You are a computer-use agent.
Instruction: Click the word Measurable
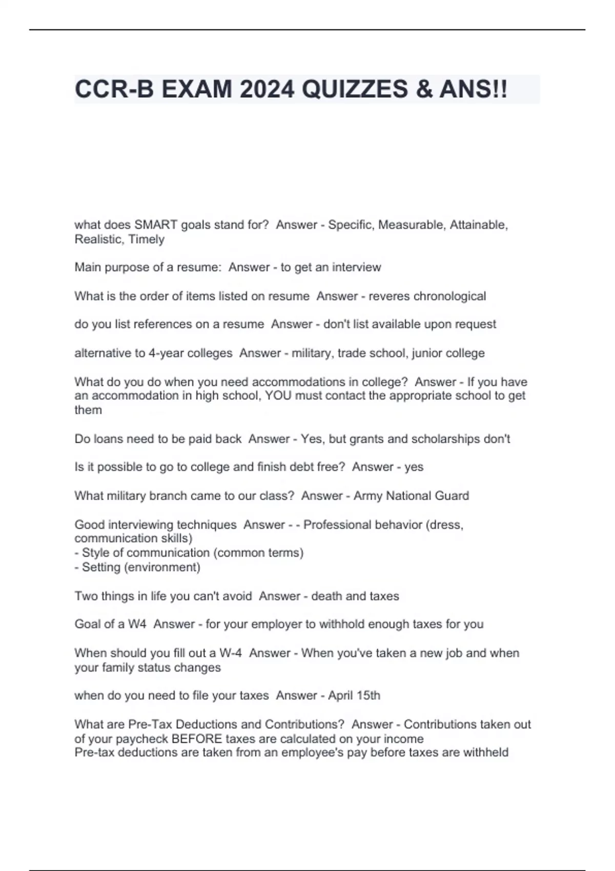click(x=412, y=225)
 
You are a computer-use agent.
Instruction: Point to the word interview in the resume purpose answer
click(x=356, y=267)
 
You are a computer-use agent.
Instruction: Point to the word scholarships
click(x=446, y=439)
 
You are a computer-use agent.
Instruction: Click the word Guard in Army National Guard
click(x=452, y=496)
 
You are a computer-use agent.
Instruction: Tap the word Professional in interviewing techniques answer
click(x=337, y=525)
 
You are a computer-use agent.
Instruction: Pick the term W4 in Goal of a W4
click(x=137, y=625)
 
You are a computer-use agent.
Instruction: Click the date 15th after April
click(x=367, y=696)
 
